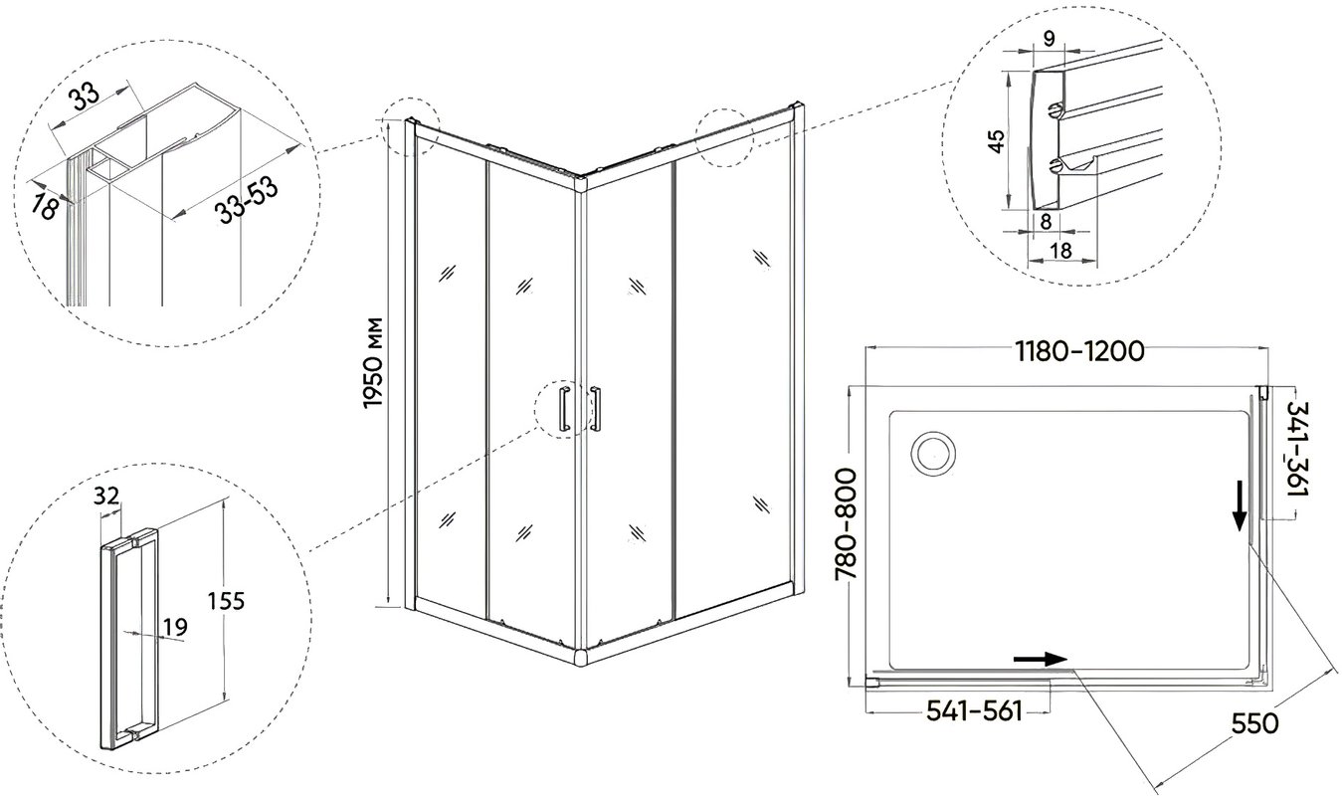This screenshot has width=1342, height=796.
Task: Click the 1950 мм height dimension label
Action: (373, 362)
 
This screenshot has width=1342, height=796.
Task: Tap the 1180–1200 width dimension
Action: (1079, 351)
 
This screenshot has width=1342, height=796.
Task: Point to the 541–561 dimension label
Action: (974, 710)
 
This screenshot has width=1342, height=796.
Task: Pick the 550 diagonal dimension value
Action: (1254, 723)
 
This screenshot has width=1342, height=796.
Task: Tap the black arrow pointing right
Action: (1041, 660)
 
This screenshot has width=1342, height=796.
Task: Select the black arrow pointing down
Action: (1240, 511)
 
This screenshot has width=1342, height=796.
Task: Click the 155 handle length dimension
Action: (226, 601)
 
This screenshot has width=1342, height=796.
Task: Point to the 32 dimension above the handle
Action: (107, 496)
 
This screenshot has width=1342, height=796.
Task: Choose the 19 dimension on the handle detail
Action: (175, 627)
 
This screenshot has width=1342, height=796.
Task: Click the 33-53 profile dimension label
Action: (248, 201)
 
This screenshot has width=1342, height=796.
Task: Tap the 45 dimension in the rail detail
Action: (996, 141)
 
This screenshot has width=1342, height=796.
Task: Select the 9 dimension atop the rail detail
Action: (1050, 39)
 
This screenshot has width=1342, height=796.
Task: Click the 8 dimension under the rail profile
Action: (1046, 222)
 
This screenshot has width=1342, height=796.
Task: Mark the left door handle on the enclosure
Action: (564, 408)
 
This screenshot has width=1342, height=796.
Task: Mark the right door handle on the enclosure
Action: (596, 409)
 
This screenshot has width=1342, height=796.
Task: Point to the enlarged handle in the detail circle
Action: (127, 639)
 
